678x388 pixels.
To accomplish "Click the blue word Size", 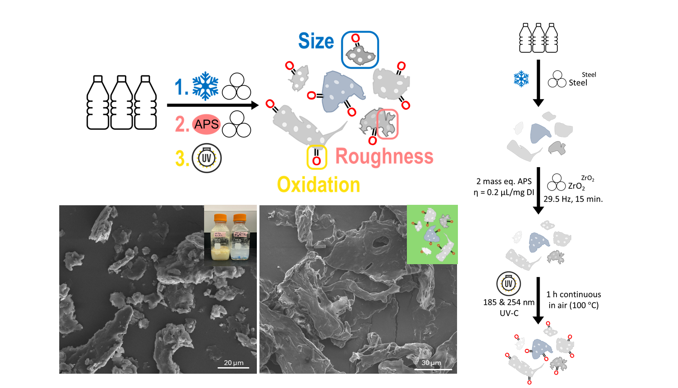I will tap(316, 42).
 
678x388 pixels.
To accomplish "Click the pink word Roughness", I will tap(384, 156).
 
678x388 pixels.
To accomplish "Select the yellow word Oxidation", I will tap(319, 185).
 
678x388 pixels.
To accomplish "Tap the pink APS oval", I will tap(206, 124).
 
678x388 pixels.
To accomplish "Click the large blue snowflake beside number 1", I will tap(205, 86).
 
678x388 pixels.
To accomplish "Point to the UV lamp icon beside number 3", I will tap(207, 158).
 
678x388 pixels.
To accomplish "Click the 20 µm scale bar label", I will tap(233, 363).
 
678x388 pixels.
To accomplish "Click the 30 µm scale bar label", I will tap(431, 363).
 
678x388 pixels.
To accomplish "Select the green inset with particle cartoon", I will tap(432, 234).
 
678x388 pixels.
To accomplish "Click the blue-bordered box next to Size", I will tap(360, 50).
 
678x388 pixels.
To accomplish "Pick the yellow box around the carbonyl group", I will tap(317, 157).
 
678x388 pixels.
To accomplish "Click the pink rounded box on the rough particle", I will tap(387, 124).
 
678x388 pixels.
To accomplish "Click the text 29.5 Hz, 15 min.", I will tap(573, 199).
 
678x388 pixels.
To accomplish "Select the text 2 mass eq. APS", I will tap(504, 181).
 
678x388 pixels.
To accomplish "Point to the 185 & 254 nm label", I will tap(508, 302).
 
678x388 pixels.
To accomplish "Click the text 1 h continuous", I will tap(573, 294).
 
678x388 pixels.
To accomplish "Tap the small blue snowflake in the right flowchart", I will tap(521, 79).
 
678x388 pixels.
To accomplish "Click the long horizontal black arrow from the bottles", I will tap(212, 105).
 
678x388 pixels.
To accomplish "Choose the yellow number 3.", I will tap(182, 158).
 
